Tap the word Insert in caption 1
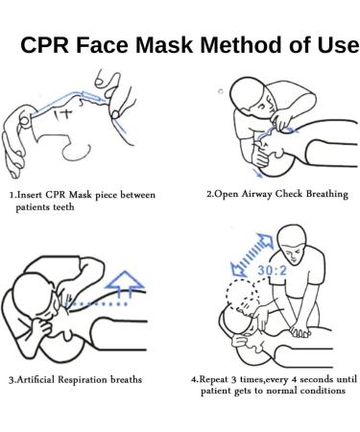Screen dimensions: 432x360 [x=36, y=196]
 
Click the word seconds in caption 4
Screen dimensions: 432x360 [x=298, y=379]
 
